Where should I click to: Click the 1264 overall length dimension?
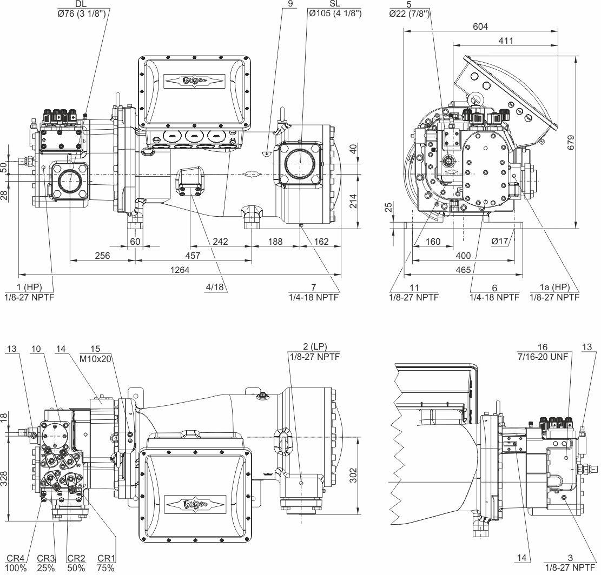180,270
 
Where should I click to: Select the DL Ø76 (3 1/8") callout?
81,8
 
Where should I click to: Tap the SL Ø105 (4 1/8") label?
334,8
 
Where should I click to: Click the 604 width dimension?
480,26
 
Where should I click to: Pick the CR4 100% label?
16,563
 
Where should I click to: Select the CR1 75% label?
105,563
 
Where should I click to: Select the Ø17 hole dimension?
500,241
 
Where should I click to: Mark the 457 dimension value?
193,256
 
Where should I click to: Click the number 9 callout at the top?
290,4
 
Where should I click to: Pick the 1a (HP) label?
554,292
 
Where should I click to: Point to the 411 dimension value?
506,41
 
